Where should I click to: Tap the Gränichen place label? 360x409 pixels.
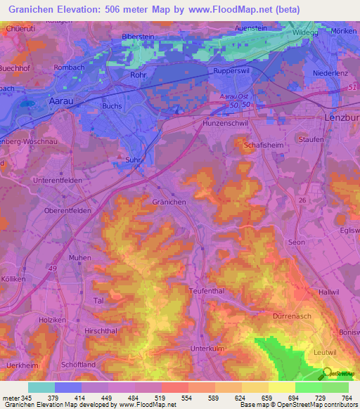coord(169,201)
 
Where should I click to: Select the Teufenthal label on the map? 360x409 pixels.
coord(205,290)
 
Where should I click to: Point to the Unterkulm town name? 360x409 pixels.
coord(207,348)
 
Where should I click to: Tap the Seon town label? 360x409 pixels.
coord(296,242)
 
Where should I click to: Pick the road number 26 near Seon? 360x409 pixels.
coord(302,200)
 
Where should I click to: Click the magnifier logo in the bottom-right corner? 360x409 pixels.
coord(328,372)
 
